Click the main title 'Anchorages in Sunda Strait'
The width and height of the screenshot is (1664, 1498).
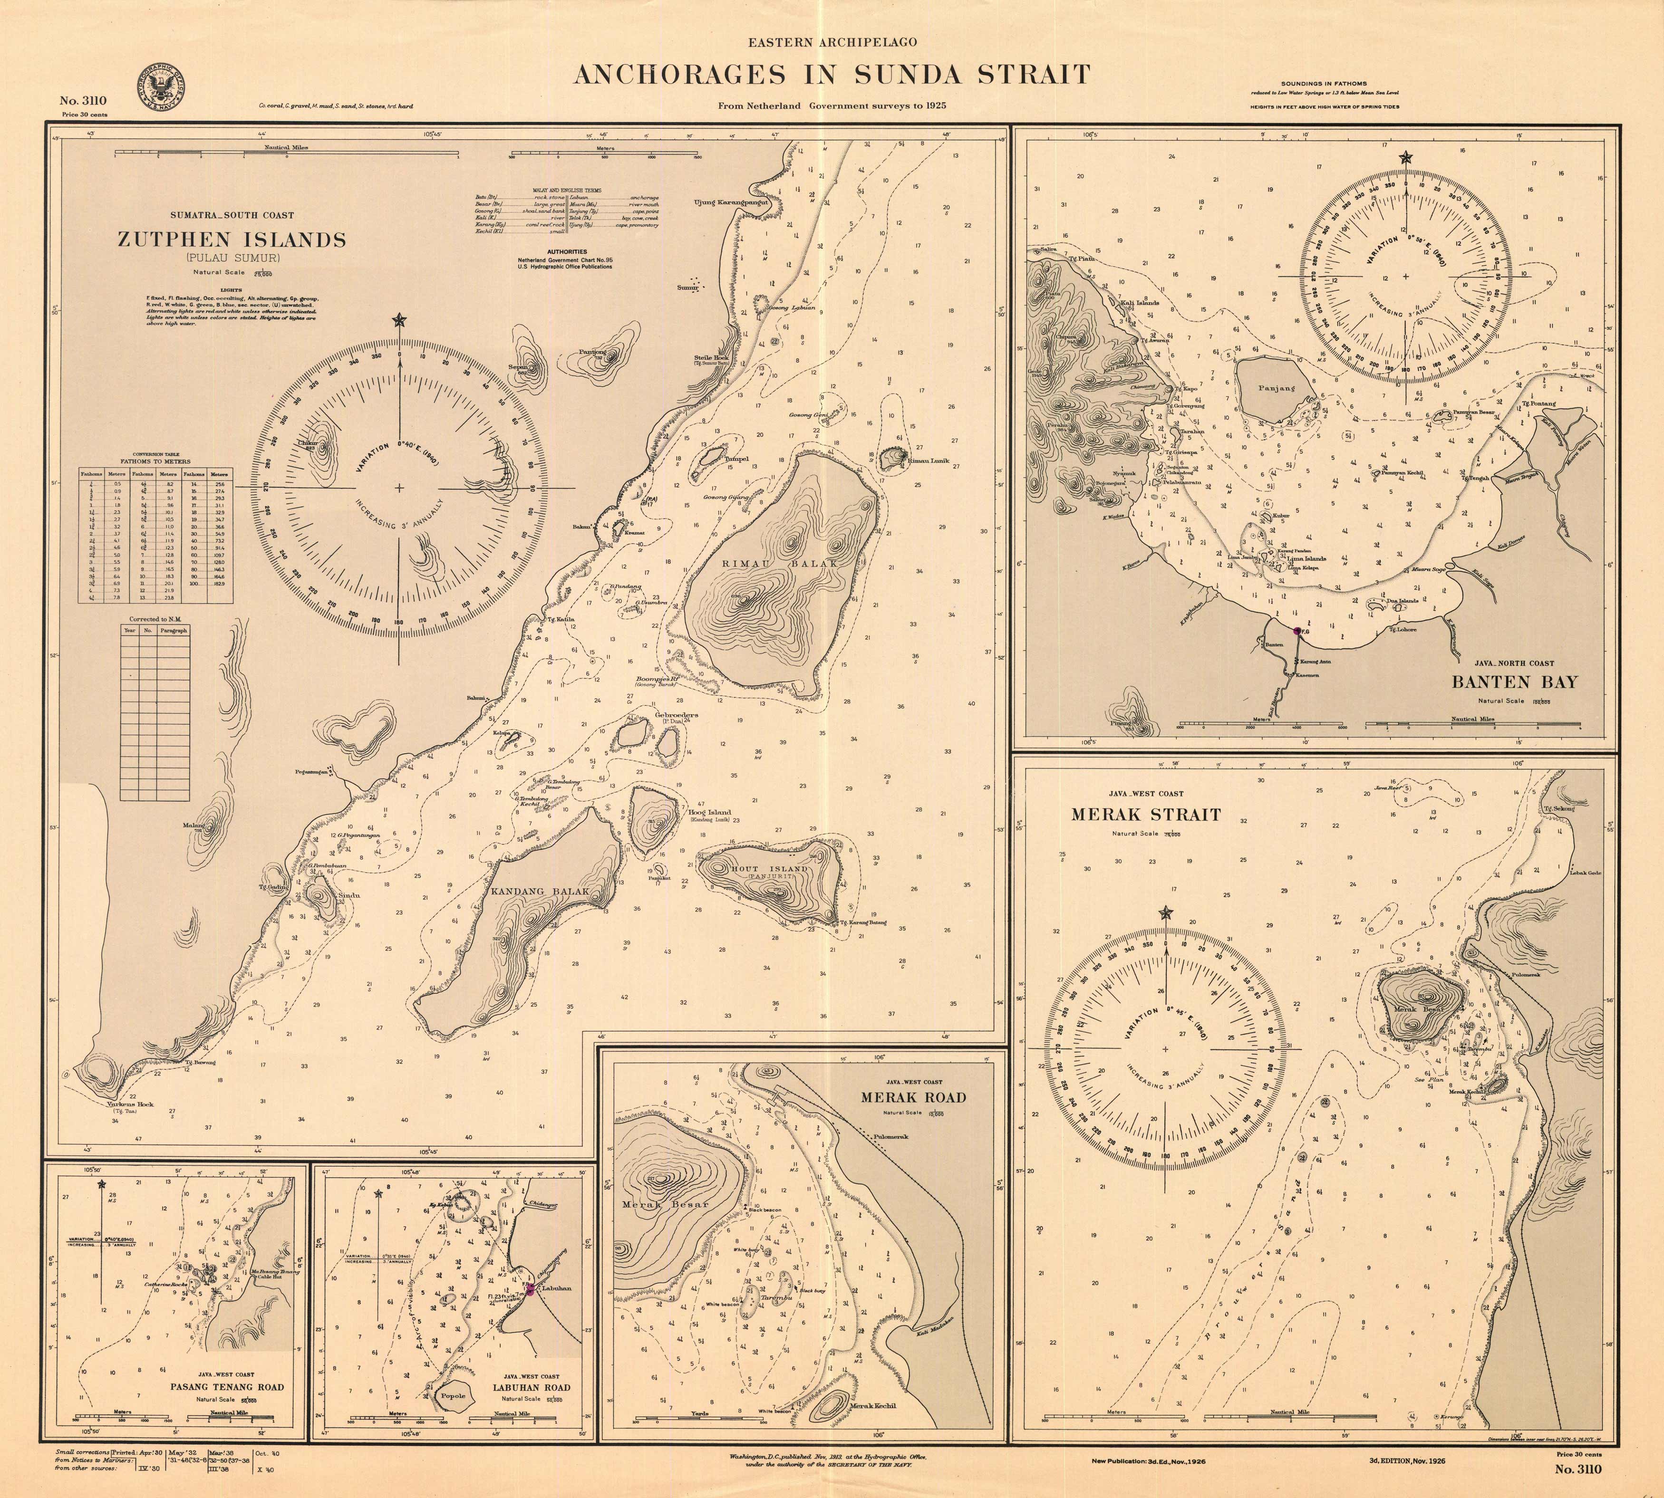coord(832,76)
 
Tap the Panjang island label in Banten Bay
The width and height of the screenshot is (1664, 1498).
coord(1276,388)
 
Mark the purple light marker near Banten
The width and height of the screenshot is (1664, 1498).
coord(1297,631)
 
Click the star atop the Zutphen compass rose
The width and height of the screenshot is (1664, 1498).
coord(399,320)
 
